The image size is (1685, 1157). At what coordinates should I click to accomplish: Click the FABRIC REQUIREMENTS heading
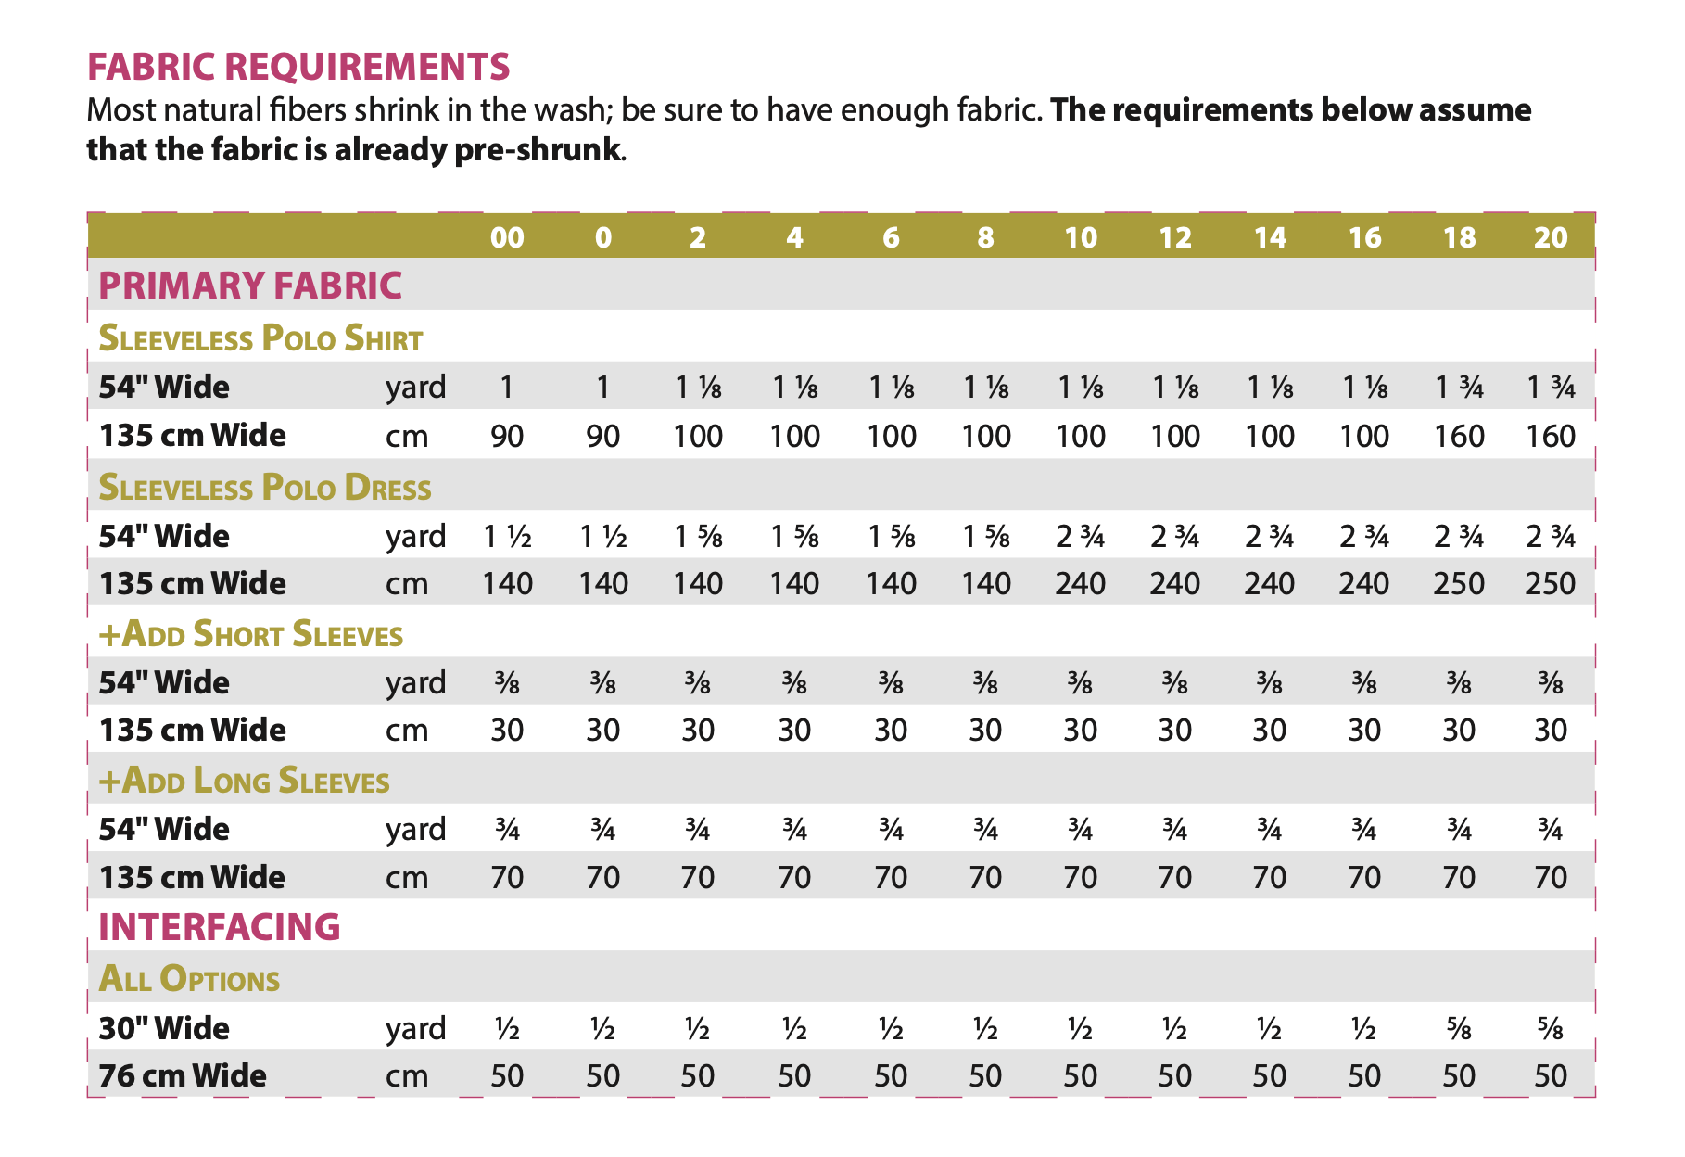click(x=298, y=67)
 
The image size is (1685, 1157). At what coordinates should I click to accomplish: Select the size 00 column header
click(x=507, y=238)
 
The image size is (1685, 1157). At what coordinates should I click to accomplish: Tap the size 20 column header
click(x=1551, y=238)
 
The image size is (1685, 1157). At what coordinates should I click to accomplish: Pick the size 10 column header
click(x=1081, y=238)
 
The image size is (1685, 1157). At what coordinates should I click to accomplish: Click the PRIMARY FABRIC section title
click(x=250, y=286)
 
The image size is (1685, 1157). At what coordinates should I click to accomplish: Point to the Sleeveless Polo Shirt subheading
click(x=260, y=338)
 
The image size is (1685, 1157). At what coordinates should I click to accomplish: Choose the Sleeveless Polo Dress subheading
click(x=265, y=488)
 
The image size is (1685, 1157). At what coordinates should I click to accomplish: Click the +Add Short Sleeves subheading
click(x=251, y=635)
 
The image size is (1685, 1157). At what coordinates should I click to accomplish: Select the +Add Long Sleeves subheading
click(x=244, y=782)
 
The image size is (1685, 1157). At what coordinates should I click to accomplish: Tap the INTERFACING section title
click(x=220, y=927)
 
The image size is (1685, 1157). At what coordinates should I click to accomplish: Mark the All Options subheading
click(x=189, y=980)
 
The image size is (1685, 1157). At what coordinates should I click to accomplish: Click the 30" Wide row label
click(x=164, y=1028)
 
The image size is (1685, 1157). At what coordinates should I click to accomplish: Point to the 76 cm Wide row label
click(x=183, y=1075)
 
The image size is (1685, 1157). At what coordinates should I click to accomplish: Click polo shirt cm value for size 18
click(x=1459, y=436)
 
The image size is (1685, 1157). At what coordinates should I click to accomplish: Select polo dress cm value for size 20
click(x=1551, y=583)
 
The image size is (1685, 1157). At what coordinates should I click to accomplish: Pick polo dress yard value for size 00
click(x=507, y=536)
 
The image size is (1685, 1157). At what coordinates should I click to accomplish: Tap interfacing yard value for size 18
click(x=1459, y=1029)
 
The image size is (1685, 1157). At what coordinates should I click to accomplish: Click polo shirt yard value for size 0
click(x=603, y=387)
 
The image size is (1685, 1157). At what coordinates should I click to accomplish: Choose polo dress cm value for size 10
click(x=1081, y=583)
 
